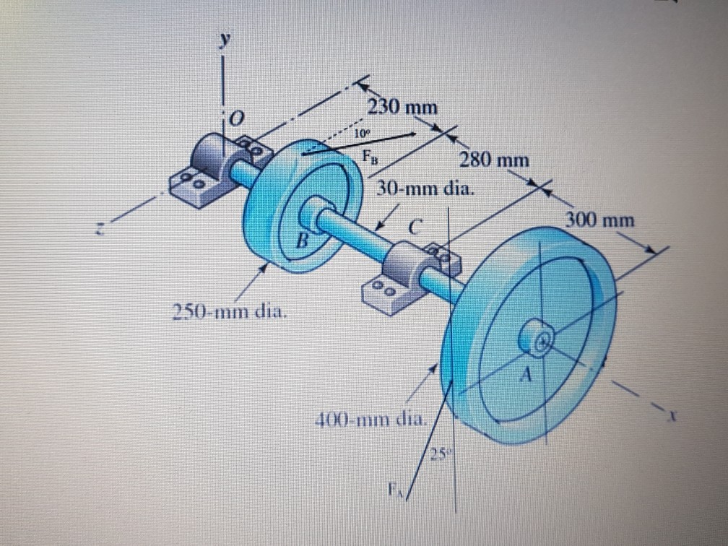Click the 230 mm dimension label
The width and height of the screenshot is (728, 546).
tap(403, 108)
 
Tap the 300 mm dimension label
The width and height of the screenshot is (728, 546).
tap(600, 220)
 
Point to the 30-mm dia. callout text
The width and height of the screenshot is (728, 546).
tap(427, 190)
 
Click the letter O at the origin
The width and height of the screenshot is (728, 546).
tap(236, 116)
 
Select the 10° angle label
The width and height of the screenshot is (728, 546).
tap(361, 133)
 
